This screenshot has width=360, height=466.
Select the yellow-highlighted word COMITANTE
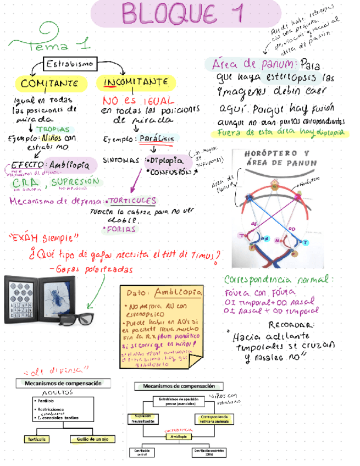click(53, 83)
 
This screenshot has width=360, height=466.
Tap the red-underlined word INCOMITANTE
click(135, 82)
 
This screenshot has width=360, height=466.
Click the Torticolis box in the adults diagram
click(35, 439)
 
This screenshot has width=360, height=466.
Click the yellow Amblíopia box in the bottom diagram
click(177, 436)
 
